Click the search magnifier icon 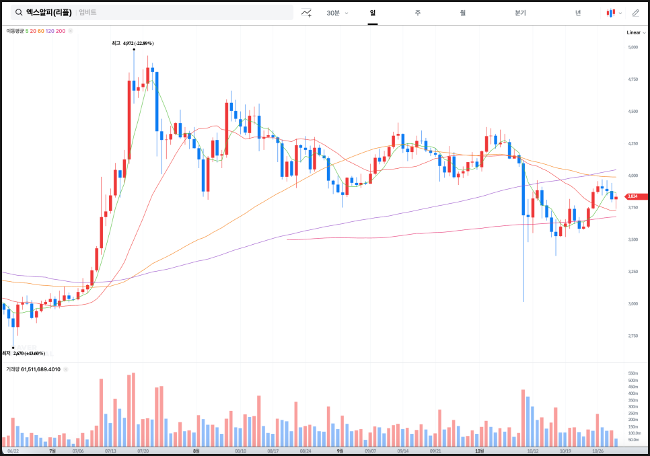[x=19, y=12]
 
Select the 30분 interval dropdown [x=336, y=13]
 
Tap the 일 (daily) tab [x=372, y=13]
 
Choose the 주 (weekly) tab [x=417, y=13]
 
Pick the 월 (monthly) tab [x=462, y=13]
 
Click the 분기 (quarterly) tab [x=520, y=13]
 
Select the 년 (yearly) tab [x=577, y=13]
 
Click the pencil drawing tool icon [x=635, y=13]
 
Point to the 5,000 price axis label [x=633, y=47]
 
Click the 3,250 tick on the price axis [x=633, y=272]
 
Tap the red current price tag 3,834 [x=633, y=196]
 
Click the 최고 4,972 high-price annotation [x=133, y=43]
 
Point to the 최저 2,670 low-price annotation [x=23, y=353]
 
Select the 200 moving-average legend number [x=61, y=31]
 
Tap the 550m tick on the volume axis [x=633, y=373]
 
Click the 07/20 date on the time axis [x=143, y=451]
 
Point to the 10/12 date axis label [x=534, y=451]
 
